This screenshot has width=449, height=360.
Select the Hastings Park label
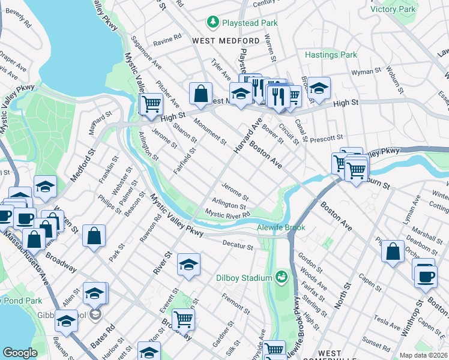331,55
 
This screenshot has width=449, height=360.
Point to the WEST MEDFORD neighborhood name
226,41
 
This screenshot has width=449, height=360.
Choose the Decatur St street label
238,245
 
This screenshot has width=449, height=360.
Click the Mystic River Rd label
227,214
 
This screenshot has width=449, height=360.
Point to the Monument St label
210,133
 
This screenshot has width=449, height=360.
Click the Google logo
20,353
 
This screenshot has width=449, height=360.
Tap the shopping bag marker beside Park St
94,236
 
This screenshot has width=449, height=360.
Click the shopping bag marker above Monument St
200,94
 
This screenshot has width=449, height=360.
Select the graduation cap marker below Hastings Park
319,88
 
